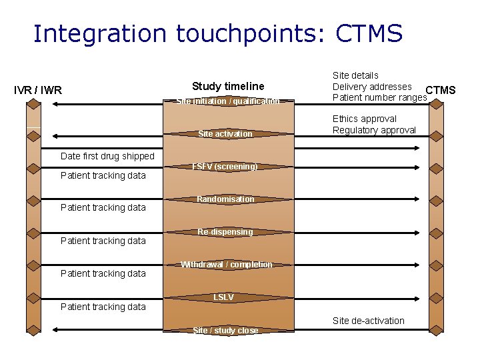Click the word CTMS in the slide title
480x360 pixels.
[x=369, y=33]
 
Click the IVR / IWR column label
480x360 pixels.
[x=38, y=90]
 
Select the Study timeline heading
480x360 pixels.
[x=228, y=86]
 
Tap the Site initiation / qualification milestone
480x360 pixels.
[x=228, y=101]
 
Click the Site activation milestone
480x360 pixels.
[x=225, y=134]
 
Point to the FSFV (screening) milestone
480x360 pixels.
[x=225, y=167]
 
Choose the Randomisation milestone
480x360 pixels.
[x=225, y=199]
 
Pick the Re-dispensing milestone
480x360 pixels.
[x=225, y=232]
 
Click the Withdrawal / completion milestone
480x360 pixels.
[x=227, y=265]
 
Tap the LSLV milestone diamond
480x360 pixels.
[x=223, y=297]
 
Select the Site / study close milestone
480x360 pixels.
[x=225, y=330]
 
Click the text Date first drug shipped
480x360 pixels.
[x=107, y=156]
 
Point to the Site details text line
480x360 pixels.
[x=355, y=75]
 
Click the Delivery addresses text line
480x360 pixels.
[x=372, y=87]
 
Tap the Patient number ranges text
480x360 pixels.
[x=379, y=98]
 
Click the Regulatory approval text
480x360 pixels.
[x=374, y=130]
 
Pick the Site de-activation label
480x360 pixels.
[x=368, y=321]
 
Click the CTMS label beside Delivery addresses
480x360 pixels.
[x=441, y=90]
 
